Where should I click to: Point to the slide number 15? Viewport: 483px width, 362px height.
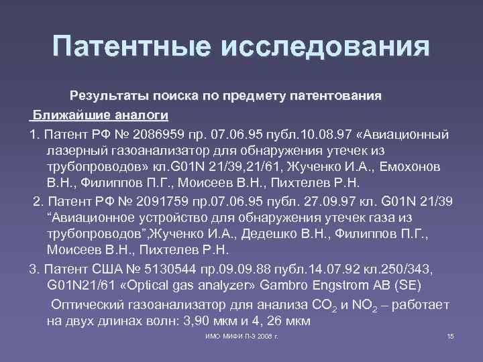[450, 335]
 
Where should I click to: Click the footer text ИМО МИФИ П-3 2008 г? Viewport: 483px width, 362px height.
[241, 335]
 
